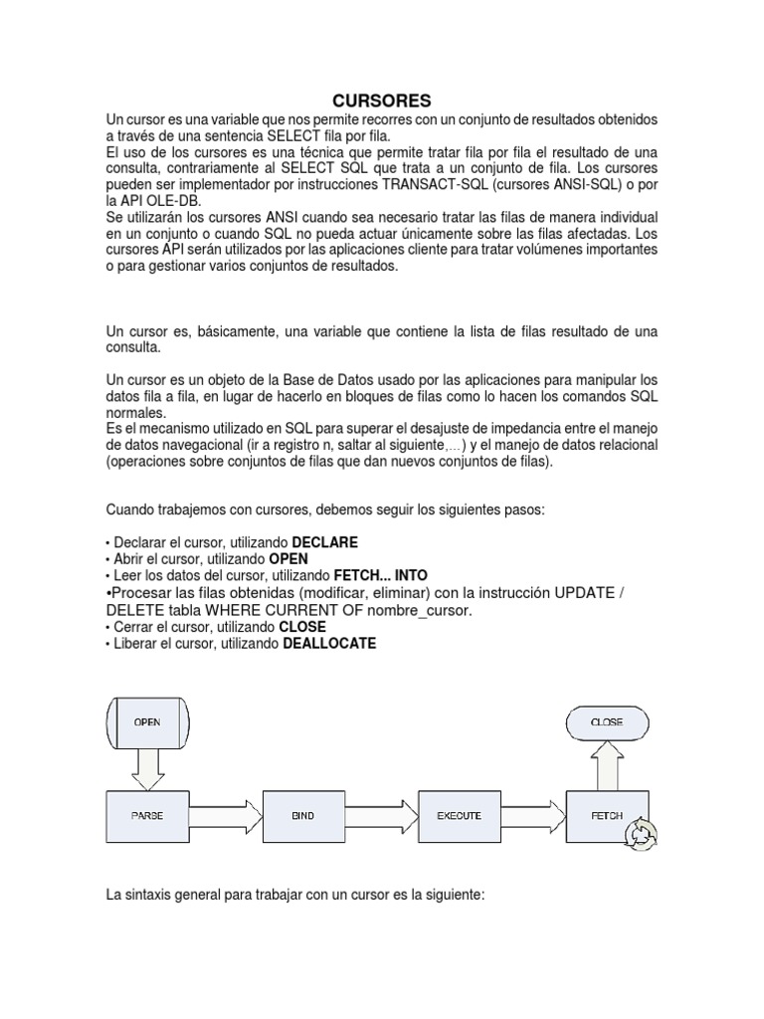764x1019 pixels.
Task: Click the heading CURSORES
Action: pyautogui.click(x=381, y=101)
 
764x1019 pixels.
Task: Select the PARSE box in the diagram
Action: pyautogui.click(x=146, y=815)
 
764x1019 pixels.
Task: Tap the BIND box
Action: pyautogui.click(x=302, y=815)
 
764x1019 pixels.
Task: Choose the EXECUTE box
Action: pyautogui.click(x=459, y=815)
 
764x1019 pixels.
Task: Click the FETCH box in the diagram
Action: pyautogui.click(x=607, y=815)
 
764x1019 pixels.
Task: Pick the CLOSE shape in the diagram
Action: pyautogui.click(x=607, y=721)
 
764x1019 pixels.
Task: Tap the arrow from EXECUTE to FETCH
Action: pyautogui.click(x=532, y=815)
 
